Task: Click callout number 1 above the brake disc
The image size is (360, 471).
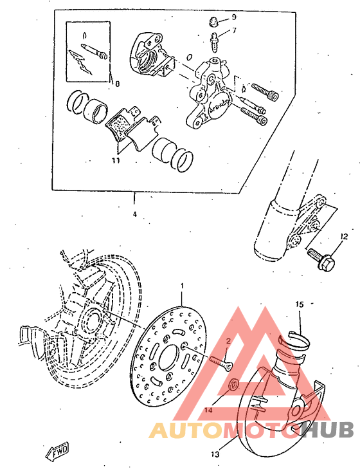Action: (x=182, y=285)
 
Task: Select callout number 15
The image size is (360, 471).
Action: (x=299, y=303)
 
